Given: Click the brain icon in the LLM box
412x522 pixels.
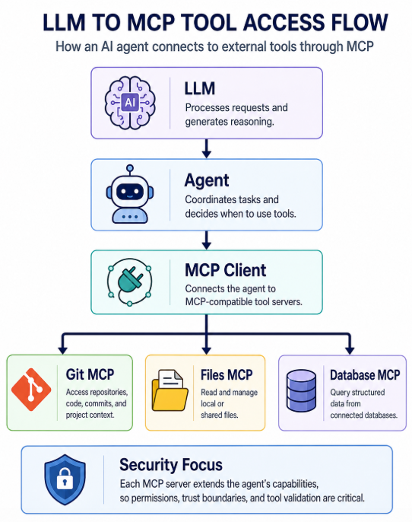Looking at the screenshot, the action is pos(130,103).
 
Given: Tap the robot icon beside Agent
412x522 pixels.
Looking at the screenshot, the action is pos(130,194).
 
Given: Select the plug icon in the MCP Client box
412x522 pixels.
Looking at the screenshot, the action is pos(130,282).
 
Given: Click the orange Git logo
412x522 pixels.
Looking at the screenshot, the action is pos(31,390).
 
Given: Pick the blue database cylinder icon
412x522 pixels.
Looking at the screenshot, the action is pos(301,390).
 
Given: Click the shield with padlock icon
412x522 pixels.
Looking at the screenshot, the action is pos(65,479).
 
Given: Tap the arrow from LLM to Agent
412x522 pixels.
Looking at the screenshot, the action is pos(207,148).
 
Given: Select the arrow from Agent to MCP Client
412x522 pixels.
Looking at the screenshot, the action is pos(207,240).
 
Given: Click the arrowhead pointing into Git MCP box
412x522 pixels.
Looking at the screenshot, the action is pos(62,350).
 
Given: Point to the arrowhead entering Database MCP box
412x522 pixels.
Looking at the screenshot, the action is pos(350,350).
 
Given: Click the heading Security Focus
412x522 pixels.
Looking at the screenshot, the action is pos(171,465).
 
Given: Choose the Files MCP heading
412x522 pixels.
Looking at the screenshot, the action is pos(227,375).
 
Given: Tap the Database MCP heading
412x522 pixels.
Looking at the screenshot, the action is pos(365,375).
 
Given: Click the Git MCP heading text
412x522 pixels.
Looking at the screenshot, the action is pos(90,374).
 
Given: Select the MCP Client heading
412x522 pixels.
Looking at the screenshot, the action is pos(226,270).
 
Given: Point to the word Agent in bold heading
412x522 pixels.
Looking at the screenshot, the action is pos(207,181).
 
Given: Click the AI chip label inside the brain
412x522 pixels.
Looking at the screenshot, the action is pos(130,102).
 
